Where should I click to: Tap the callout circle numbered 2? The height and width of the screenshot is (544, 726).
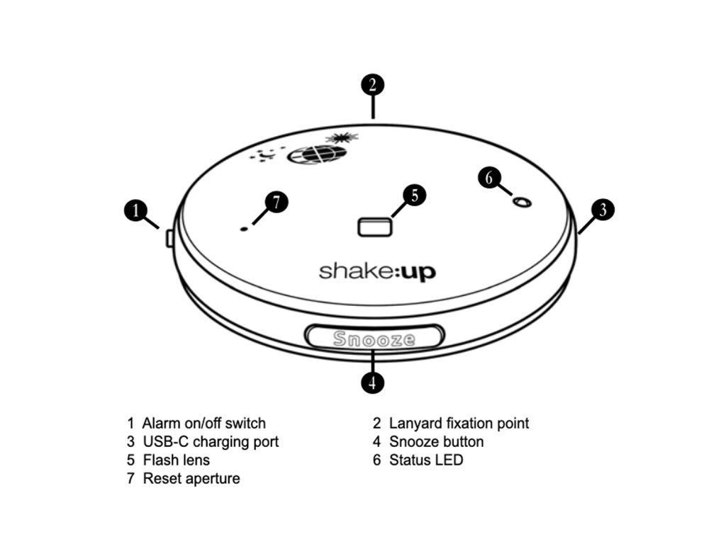tap(372, 85)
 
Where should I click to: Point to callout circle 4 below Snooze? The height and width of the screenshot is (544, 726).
tap(372, 382)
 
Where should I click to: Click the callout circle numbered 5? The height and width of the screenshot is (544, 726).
tap(415, 194)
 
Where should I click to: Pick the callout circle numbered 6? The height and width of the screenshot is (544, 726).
tap(489, 177)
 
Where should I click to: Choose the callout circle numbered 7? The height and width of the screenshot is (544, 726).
tap(277, 201)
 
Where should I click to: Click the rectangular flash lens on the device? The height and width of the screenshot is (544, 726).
tap(375, 227)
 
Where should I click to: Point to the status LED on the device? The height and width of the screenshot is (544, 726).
tap(523, 203)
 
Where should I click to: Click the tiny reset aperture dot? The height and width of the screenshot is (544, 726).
tap(245, 229)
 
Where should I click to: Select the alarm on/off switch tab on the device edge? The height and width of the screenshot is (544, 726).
tap(169, 237)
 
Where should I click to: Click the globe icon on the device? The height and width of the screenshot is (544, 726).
tap(317, 153)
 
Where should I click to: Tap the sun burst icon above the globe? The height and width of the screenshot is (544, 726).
tap(337, 137)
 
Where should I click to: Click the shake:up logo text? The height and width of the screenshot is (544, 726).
tap(376, 271)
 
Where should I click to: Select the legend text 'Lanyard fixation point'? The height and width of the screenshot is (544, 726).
tap(459, 424)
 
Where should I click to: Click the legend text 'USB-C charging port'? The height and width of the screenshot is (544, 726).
tap(211, 442)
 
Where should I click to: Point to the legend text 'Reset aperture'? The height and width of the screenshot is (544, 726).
tap(191, 479)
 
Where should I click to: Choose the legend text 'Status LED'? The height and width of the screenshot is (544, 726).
tap(426, 460)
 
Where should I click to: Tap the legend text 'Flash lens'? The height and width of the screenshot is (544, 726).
tap(177, 460)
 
